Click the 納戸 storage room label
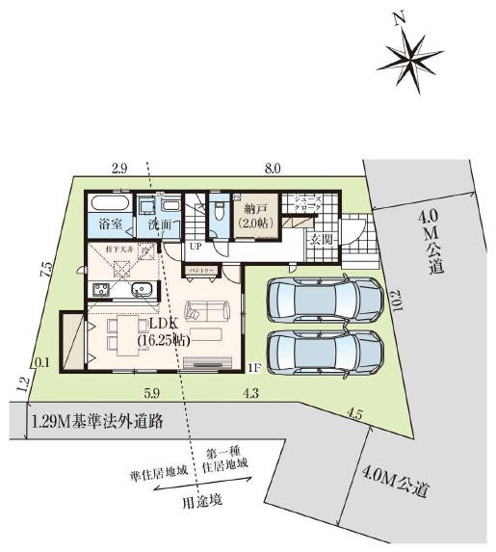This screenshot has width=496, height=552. [x=256, y=214]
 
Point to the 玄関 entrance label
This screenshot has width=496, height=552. [x=321, y=240]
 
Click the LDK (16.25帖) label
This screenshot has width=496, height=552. [x=164, y=332]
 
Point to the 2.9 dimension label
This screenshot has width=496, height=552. [x=119, y=169]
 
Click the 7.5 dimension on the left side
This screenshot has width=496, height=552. [x=45, y=271]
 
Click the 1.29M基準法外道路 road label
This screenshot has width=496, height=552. [x=95, y=421]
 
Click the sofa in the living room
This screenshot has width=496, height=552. [x=207, y=310]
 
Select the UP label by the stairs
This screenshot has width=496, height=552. [x=195, y=246]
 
